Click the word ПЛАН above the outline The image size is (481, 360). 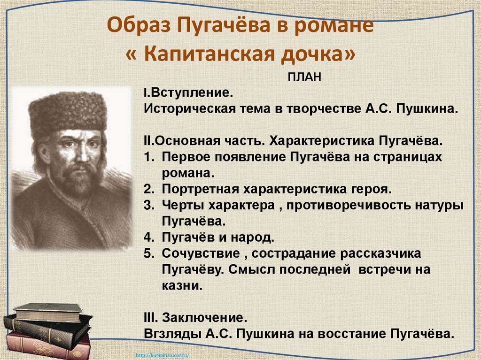click(x=304, y=77)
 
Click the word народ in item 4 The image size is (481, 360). click(x=255, y=237)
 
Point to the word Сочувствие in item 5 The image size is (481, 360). click(x=200, y=253)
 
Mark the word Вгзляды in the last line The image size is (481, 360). click(x=171, y=334)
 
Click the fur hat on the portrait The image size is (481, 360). click(x=67, y=111)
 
